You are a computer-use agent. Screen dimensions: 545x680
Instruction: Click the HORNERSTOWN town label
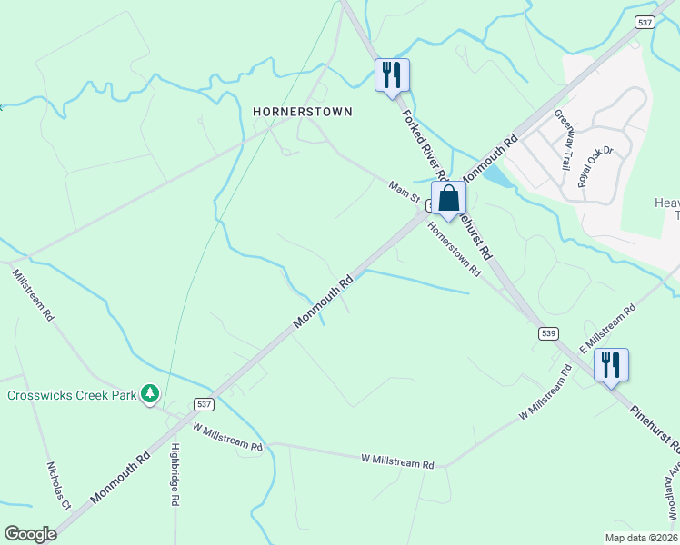(302, 111)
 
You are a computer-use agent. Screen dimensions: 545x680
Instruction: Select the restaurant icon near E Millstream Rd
(611, 365)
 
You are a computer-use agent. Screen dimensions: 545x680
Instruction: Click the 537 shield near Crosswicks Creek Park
(204, 402)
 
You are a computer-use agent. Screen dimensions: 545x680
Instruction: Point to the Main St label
(404, 192)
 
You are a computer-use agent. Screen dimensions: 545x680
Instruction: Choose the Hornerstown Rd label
(454, 250)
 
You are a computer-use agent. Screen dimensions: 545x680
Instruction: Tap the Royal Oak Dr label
(596, 162)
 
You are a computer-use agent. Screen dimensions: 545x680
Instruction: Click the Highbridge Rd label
(175, 473)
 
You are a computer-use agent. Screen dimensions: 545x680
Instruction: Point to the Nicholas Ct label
(59, 485)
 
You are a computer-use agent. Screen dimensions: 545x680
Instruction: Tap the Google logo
(31, 533)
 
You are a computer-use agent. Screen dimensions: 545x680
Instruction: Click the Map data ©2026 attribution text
(640, 538)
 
